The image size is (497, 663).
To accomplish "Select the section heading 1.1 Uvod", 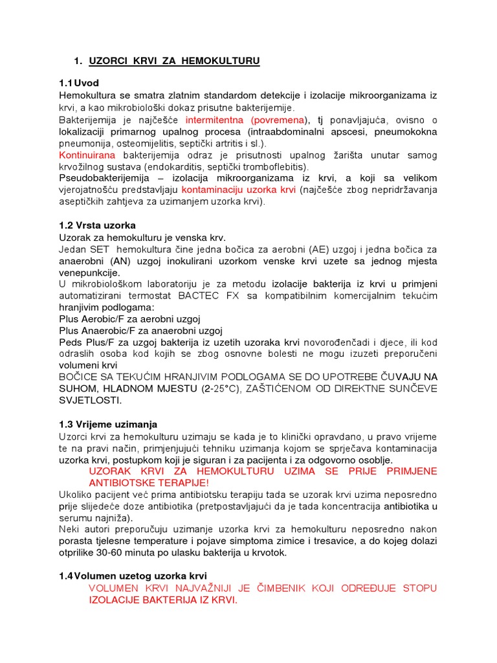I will [78, 83].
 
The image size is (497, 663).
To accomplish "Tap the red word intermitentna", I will [214, 120].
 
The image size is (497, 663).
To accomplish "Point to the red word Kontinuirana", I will [87, 155].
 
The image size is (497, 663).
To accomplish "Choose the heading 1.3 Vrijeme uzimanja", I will [108, 424].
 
